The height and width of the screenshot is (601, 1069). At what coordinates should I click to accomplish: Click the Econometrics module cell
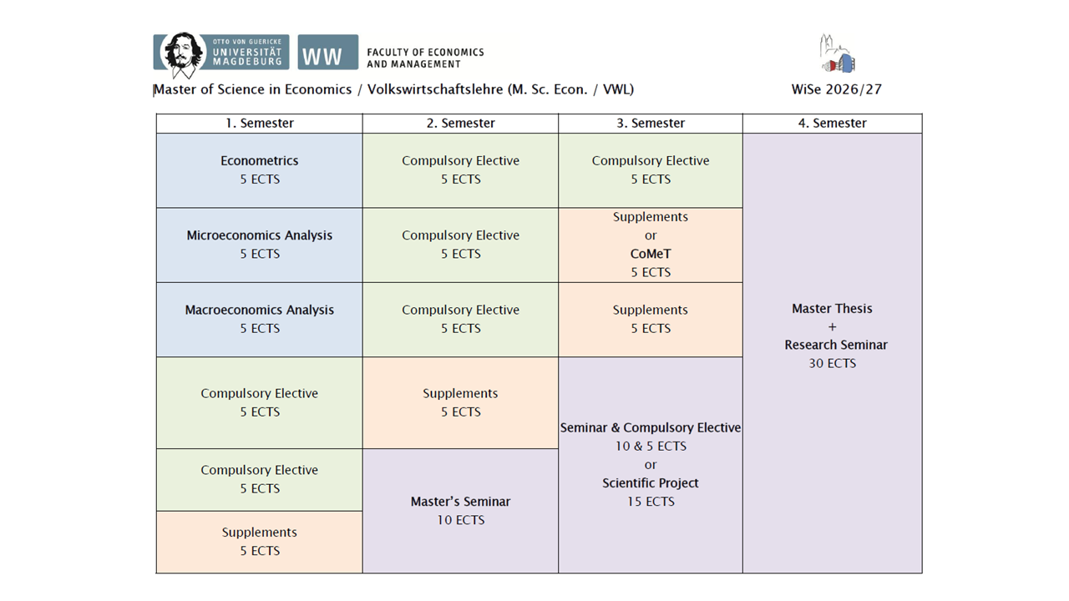259,170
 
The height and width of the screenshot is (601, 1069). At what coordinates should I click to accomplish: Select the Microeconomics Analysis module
259,245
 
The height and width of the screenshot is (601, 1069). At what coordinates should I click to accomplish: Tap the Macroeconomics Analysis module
259,320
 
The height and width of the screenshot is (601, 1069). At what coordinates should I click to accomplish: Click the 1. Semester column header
259,123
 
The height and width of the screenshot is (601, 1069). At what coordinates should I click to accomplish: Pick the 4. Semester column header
833,123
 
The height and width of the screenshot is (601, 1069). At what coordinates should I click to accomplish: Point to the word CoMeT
651,254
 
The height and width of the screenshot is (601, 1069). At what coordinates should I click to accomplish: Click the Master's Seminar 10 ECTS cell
460,511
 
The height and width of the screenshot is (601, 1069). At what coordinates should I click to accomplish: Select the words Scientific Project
651,483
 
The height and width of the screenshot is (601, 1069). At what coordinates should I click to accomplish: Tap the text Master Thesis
833,309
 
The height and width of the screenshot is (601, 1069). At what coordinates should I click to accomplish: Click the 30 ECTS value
833,363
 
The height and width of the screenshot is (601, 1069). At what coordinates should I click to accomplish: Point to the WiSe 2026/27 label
837,89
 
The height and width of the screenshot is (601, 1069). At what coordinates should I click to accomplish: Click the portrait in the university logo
181,54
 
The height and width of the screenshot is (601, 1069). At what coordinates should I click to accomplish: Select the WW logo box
328,52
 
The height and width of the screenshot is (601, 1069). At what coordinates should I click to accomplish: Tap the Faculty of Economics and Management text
425,58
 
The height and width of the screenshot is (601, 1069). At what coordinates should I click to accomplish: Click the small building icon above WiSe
838,53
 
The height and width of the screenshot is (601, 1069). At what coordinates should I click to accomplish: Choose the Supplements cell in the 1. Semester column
259,542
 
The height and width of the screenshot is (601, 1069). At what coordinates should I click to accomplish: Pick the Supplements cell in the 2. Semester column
460,402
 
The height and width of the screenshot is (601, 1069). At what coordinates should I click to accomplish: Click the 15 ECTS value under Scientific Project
651,502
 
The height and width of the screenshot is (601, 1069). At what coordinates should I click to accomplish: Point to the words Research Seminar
836,345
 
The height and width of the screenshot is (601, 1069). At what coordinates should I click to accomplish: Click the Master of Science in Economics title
393,89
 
